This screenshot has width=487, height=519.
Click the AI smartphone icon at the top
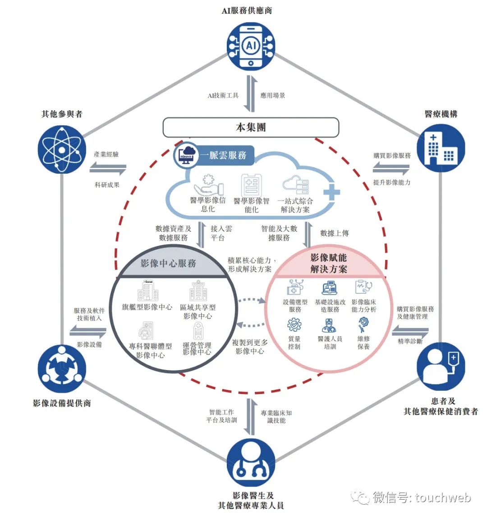click(x=251, y=46)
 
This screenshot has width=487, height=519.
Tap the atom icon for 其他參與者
click(x=62, y=149)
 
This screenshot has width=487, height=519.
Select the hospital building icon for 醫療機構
click(x=441, y=148)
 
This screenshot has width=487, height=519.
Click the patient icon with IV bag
click(x=441, y=366)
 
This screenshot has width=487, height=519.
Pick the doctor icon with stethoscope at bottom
click(x=251, y=463)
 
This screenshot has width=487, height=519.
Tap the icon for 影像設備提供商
click(x=62, y=369)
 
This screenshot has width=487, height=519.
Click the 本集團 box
click(x=251, y=127)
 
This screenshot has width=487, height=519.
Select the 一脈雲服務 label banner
click(x=224, y=155)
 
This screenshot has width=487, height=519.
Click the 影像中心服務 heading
click(x=168, y=264)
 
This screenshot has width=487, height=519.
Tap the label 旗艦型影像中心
click(x=147, y=307)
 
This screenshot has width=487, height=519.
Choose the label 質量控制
click(x=294, y=343)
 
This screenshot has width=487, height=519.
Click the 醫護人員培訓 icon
click(x=329, y=326)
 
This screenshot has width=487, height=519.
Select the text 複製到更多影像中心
click(x=250, y=347)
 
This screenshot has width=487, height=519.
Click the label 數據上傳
click(x=335, y=233)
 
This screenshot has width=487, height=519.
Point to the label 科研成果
click(x=107, y=185)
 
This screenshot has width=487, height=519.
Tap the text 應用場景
click(x=273, y=96)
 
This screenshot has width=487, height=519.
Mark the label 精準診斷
click(x=410, y=341)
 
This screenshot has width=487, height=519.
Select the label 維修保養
click(x=364, y=343)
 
